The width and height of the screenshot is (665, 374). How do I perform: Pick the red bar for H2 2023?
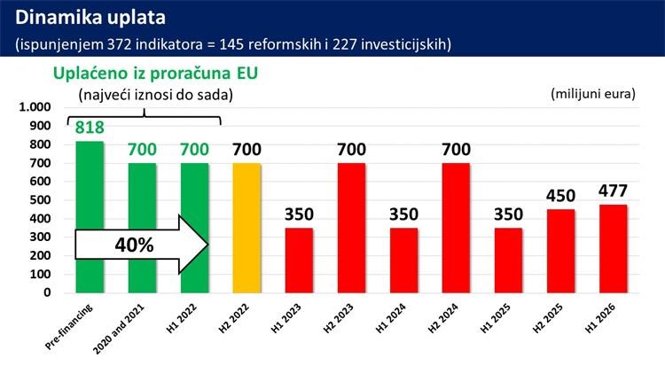[x=351, y=228]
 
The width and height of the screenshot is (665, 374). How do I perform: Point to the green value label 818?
[x=90, y=129]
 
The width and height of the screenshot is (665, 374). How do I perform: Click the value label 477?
[x=613, y=191]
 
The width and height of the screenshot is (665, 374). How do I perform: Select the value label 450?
[x=560, y=196]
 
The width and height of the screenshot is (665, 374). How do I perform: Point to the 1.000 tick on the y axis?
[x=35, y=107]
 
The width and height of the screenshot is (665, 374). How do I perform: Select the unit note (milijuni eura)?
[x=592, y=93]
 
